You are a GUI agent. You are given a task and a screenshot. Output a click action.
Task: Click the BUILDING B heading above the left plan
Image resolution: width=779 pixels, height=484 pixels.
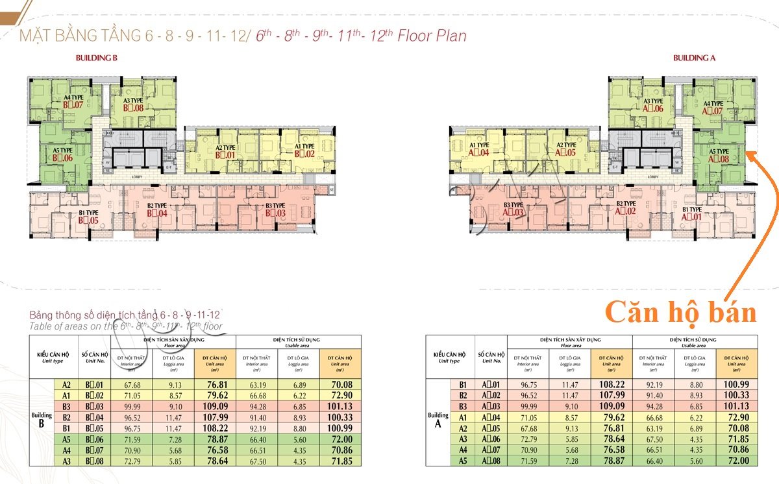[96, 58]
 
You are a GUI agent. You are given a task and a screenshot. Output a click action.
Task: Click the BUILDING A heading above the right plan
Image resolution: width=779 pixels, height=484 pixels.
[694, 58]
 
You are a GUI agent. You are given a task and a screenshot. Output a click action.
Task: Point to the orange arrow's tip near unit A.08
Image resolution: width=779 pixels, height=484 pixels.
[748, 154]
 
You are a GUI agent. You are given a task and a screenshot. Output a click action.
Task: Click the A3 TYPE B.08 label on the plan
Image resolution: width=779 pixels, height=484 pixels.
[133, 104]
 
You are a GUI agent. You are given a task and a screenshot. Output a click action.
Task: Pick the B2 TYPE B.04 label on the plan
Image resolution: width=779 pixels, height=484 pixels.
[156, 210]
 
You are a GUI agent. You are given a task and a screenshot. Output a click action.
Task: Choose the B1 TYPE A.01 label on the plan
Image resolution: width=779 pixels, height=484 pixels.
[692, 213]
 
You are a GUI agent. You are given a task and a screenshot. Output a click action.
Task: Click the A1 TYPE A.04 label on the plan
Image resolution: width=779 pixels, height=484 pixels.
[478, 149]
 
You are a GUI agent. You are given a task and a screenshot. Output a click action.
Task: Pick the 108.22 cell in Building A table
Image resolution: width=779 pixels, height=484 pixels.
[611, 384]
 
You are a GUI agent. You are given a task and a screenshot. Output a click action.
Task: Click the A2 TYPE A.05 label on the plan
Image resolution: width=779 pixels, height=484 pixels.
[565, 149]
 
